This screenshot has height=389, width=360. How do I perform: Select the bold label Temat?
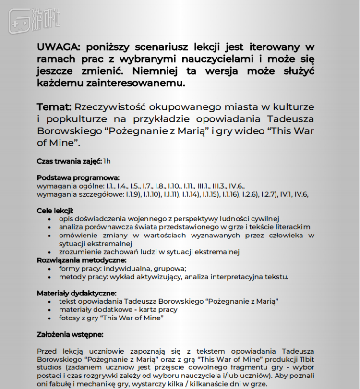pos(54,107)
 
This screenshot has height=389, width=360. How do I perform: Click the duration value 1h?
pos(107,161)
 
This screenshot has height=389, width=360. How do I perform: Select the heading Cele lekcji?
pos(55,211)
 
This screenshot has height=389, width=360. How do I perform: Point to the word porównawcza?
pos(108,227)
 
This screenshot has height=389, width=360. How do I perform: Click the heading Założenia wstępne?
pos(70,334)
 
